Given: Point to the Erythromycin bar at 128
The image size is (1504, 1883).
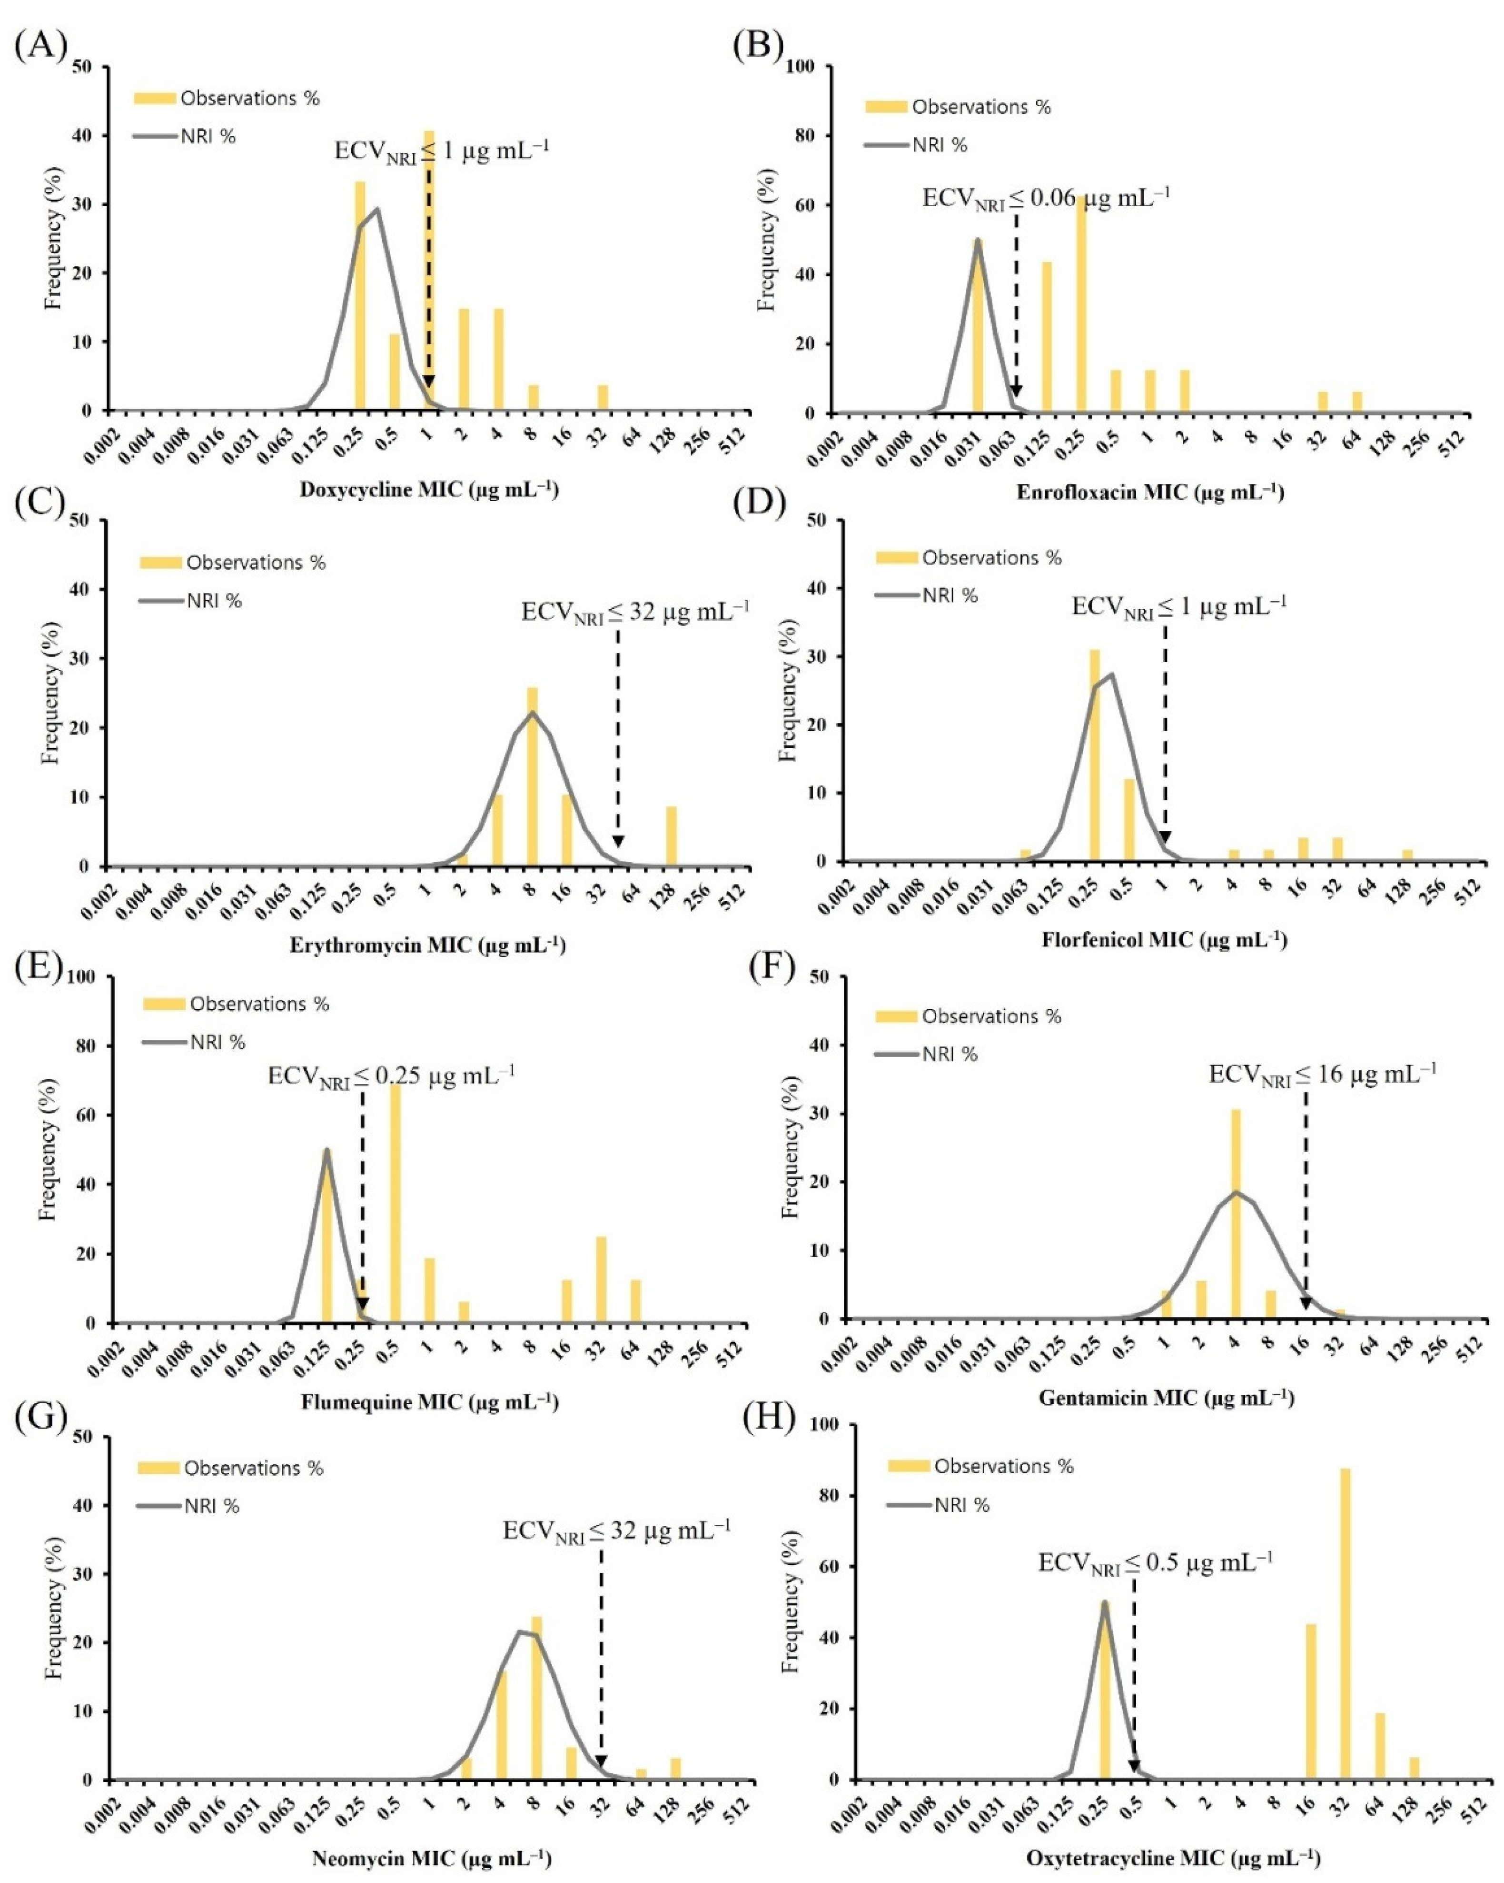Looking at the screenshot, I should pyautogui.click(x=671, y=836).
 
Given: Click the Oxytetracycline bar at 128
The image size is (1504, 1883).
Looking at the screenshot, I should pyautogui.click(x=1414, y=1768).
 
